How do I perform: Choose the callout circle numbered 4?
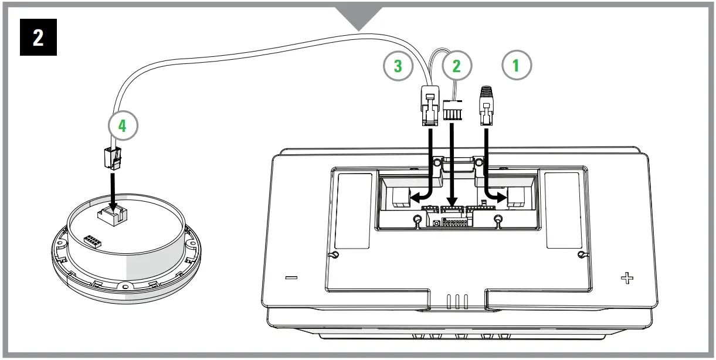(x=123, y=125)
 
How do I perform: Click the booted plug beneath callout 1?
(x=486, y=106)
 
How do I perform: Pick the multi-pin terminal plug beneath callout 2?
(x=452, y=110)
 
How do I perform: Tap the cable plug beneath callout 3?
(x=430, y=106)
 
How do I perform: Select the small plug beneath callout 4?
(x=110, y=157)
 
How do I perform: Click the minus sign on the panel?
(x=292, y=277)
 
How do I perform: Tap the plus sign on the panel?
(x=627, y=277)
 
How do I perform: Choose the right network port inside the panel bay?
(x=518, y=198)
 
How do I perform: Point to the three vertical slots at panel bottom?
(x=457, y=301)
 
